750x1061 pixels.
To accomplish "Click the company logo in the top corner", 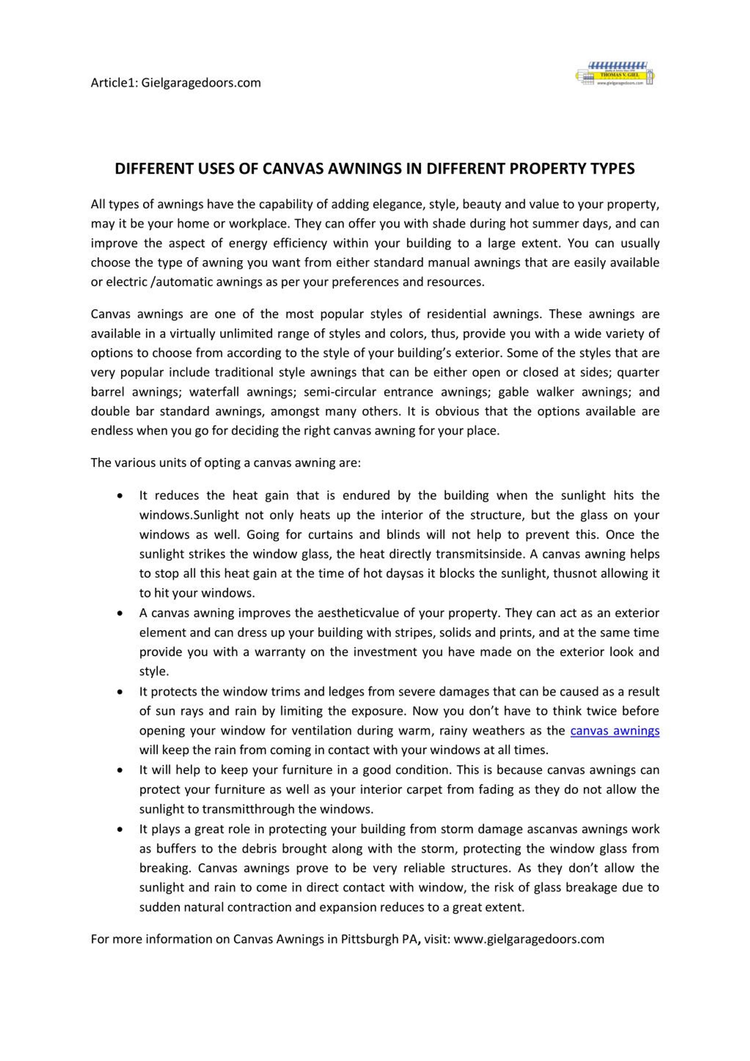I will coord(615,74).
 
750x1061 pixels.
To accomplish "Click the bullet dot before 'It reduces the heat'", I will coord(120,496).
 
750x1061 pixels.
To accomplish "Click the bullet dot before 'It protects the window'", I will coord(120,692).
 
